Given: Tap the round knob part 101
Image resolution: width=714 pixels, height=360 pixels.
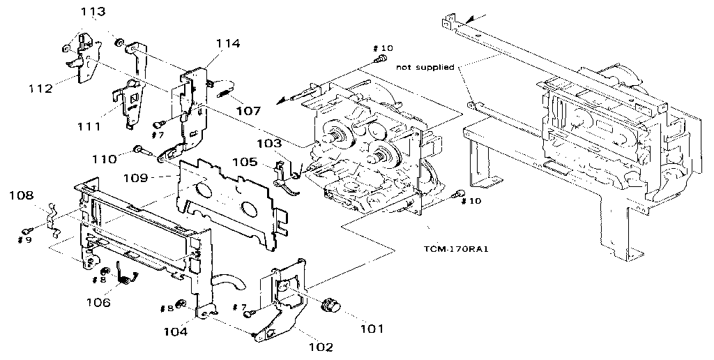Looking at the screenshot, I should (x=328, y=306).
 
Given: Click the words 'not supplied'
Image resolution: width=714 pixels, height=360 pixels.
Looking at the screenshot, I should (x=425, y=67).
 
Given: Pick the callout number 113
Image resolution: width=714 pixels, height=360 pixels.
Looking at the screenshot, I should (x=93, y=12).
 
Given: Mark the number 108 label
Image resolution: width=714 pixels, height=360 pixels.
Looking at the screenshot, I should (x=22, y=196).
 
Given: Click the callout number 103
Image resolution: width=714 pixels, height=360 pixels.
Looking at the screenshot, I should (x=268, y=143).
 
